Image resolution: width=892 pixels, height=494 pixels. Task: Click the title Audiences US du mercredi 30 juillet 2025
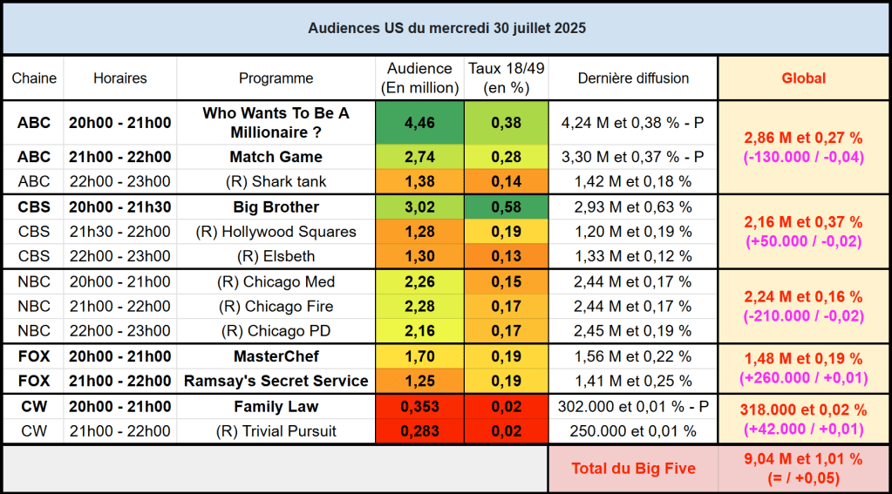click(x=446, y=28)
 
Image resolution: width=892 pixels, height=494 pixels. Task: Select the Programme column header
click(x=276, y=78)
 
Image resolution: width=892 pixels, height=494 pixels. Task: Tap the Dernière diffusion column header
click(x=633, y=78)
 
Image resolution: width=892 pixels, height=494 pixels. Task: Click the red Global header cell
click(x=803, y=78)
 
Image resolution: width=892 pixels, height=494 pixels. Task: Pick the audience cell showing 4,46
click(x=419, y=123)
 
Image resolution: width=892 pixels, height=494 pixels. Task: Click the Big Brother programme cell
click(x=276, y=207)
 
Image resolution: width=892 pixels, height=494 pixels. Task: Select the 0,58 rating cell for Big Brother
click(x=506, y=207)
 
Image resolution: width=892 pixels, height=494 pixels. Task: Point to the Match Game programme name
click(x=276, y=157)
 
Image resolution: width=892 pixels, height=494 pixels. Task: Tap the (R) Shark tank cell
click(x=276, y=181)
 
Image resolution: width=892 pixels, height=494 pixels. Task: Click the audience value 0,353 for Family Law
click(x=419, y=407)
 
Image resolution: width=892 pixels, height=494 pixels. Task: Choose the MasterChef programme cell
click(x=276, y=356)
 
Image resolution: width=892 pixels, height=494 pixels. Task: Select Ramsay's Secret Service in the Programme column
click(x=276, y=381)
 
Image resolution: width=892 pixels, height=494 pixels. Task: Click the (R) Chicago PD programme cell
click(x=276, y=331)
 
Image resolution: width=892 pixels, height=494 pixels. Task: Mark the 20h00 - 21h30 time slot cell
click(x=120, y=207)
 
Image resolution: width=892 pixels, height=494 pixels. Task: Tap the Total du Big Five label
click(x=633, y=469)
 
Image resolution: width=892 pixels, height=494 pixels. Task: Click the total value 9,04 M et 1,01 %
click(x=803, y=459)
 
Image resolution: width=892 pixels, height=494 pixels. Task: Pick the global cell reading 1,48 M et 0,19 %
click(x=803, y=359)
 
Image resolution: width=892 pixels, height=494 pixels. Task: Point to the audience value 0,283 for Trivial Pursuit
click(x=419, y=431)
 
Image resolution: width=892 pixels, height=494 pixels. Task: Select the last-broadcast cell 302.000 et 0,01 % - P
click(x=633, y=407)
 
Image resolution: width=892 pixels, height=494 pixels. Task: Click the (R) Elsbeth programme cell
click(x=276, y=256)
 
